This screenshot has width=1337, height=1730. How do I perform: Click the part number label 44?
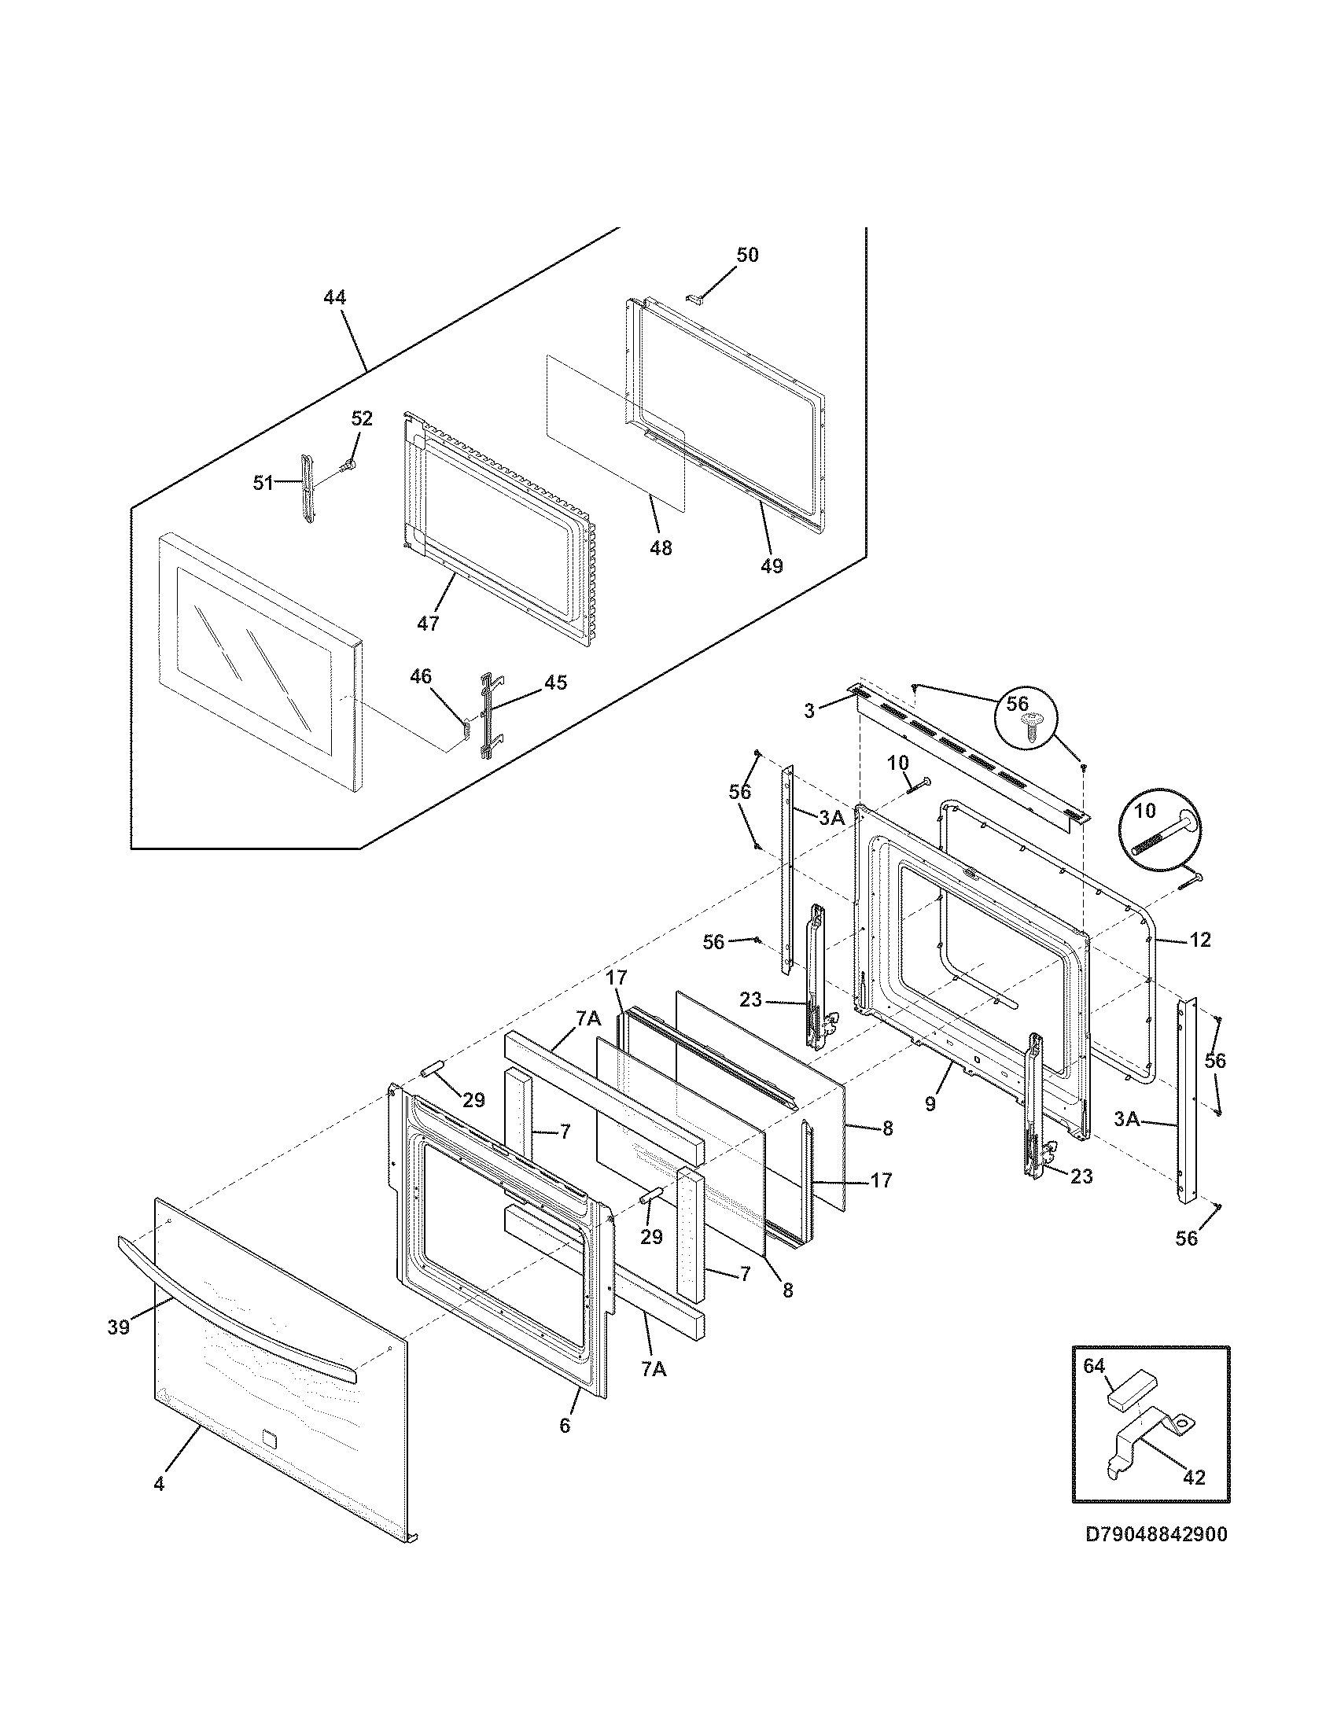tap(334, 298)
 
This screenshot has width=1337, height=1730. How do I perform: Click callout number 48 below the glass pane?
tap(660, 547)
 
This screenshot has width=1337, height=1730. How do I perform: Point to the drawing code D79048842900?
tap(1155, 1534)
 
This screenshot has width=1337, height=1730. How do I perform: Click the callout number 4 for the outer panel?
tap(158, 1484)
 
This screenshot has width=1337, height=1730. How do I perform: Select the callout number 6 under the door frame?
tap(564, 1425)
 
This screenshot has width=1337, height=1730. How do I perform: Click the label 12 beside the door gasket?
tap(1199, 940)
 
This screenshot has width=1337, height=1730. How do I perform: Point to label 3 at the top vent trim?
tap(808, 712)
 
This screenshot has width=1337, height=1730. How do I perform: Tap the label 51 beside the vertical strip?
tap(263, 483)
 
